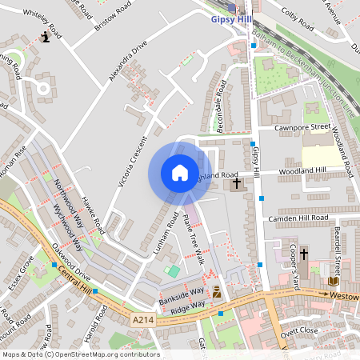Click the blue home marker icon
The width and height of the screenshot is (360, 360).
tap(180, 173)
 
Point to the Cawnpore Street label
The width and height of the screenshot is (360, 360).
tap(301, 126)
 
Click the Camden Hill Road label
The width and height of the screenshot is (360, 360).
tap(298, 218)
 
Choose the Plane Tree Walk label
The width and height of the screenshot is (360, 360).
tap(194, 239)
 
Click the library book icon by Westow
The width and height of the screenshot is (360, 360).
tap(333, 281)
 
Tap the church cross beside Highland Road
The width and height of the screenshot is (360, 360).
tap(236, 185)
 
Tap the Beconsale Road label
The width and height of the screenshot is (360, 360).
tap(220, 106)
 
